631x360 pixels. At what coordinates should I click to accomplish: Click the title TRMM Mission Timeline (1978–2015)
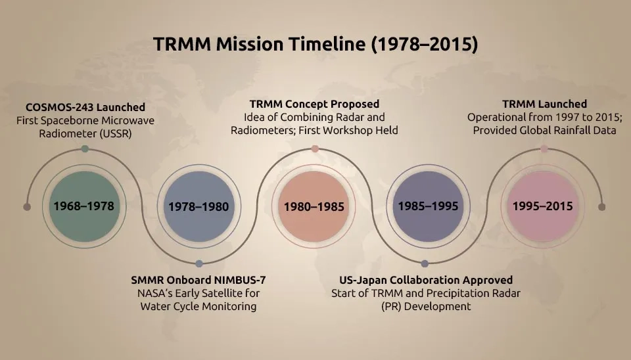point(315,44)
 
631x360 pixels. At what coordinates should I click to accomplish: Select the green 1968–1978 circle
point(84,206)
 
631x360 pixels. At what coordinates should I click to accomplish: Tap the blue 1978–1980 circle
point(199,206)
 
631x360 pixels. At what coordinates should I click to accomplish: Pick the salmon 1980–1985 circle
point(314,206)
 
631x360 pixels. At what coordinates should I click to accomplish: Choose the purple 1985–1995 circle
point(428,206)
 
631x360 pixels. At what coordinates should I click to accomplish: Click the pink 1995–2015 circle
point(543,206)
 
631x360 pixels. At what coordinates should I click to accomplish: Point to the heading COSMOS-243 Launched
point(85,107)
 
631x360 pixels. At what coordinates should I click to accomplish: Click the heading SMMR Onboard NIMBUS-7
point(199,280)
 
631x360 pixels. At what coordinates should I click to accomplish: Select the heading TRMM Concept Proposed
point(314,104)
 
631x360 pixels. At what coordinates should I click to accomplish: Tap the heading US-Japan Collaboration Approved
point(426,280)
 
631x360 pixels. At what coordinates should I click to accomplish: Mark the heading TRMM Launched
point(544,104)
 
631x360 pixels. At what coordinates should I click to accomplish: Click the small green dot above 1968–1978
point(85,149)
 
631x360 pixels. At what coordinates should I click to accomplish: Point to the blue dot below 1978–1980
point(199,264)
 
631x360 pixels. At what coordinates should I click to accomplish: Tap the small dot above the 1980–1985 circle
point(315,149)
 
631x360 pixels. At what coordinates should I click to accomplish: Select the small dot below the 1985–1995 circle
point(425,264)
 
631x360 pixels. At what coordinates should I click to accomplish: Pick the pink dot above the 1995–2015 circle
point(544,149)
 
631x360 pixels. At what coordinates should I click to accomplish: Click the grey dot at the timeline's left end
point(27,207)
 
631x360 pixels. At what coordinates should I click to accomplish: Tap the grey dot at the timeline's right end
point(601,207)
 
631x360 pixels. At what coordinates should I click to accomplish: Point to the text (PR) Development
point(426,307)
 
